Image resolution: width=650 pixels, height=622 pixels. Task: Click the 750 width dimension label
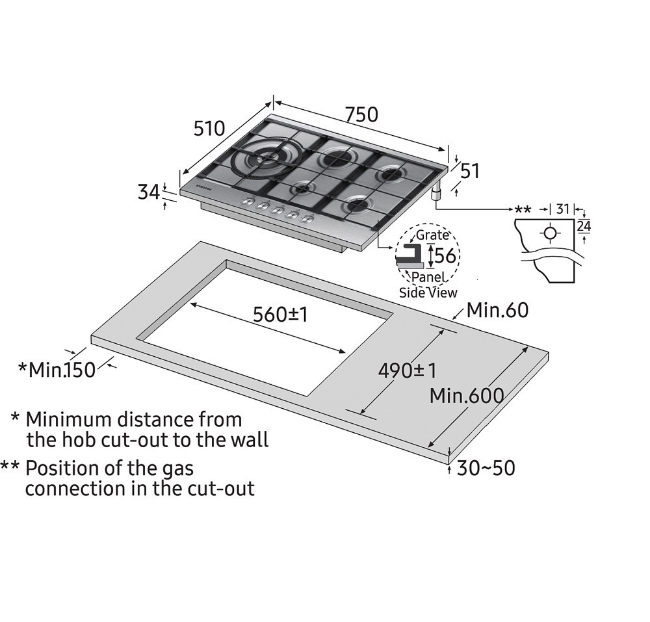click(361, 114)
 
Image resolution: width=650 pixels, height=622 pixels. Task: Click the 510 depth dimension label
click(209, 128)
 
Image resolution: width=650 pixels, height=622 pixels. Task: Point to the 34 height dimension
click(149, 192)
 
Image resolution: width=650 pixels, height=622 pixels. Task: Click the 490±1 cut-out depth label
click(408, 370)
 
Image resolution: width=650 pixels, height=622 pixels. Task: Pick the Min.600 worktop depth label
click(467, 395)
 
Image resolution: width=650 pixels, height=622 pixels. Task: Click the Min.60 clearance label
click(497, 310)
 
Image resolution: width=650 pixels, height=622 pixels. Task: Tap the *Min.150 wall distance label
click(57, 370)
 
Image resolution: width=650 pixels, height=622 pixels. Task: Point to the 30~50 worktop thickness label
click(486, 468)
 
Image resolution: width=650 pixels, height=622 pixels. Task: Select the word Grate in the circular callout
click(432, 235)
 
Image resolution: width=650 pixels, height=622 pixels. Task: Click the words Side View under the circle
click(428, 292)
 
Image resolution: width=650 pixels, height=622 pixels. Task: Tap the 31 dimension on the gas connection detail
click(563, 209)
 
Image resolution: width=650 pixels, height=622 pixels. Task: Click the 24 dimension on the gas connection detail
click(583, 226)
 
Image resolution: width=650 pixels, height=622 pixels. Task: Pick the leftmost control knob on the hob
click(248, 203)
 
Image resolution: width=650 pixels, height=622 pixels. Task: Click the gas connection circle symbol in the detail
click(550, 233)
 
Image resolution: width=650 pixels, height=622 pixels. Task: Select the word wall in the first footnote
click(246, 440)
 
